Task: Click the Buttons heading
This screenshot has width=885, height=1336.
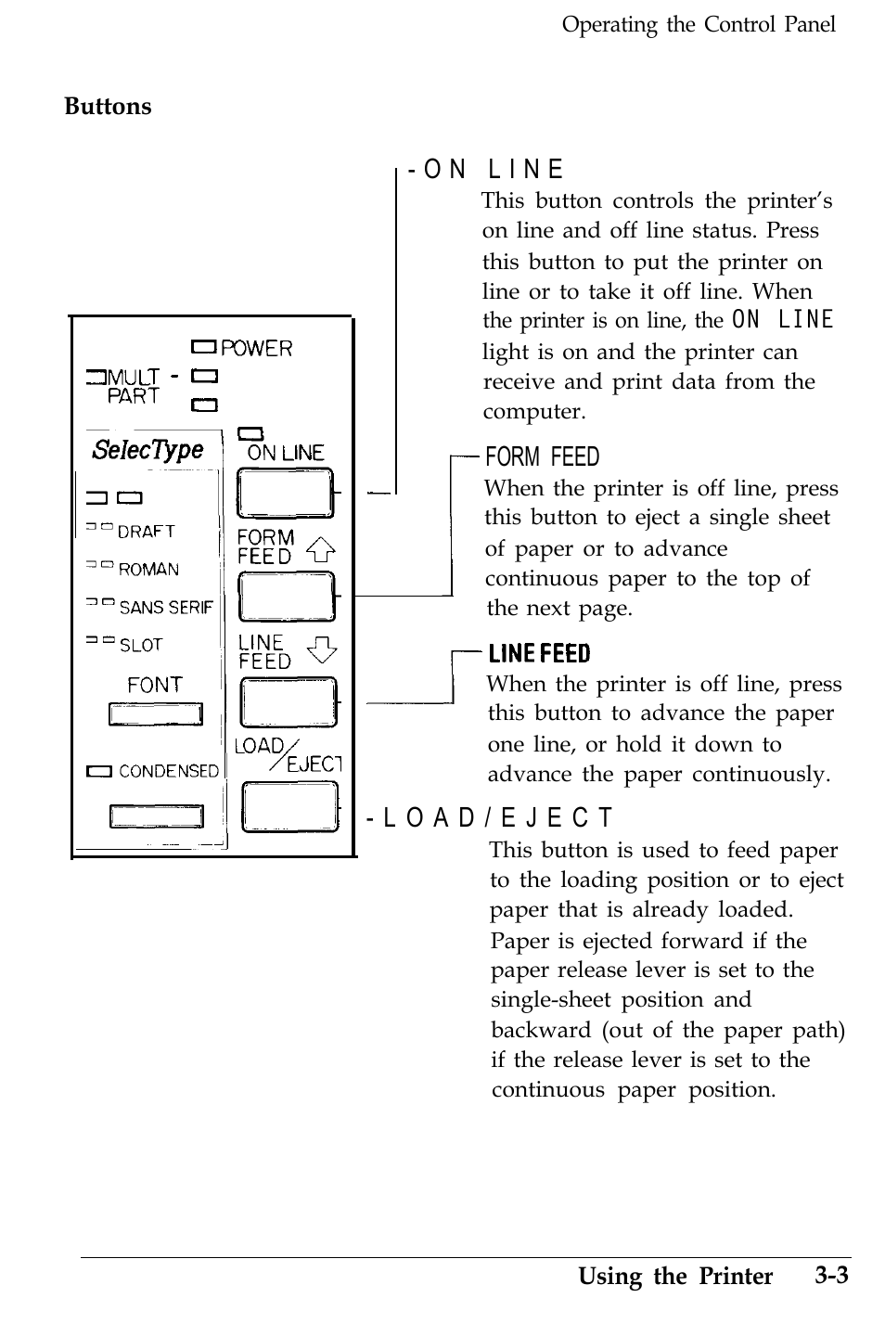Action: pyautogui.click(x=108, y=107)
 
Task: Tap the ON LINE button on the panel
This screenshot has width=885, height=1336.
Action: pyautogui.click(x=285, y=493)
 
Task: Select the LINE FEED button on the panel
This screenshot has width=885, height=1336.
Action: pyautogui.click(x=288, y=702)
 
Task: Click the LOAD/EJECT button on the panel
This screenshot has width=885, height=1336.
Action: pyautogui.click(x=290, y=806)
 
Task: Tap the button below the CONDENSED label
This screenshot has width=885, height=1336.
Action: pyautogui.click(x=156, y=816)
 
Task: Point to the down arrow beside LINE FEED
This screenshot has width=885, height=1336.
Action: pyautogui.click(x=322, y=649)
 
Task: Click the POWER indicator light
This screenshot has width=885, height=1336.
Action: pyautogui.click(x=203, y=348)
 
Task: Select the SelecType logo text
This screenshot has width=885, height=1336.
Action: pyautogui.click(x=148, y=450)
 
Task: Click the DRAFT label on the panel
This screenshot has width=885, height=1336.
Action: pyautogui.click(x=146, y=532)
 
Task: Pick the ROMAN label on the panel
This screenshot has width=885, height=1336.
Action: pyautogui.click(x=148, y=570)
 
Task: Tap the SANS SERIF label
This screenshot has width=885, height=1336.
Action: pyautogui.click(x=166, y=608)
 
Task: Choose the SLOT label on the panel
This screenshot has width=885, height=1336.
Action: pyautogui.click(x=141, y=645)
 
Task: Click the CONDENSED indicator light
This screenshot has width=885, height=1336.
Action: pyautogui.click(x=98, y=771)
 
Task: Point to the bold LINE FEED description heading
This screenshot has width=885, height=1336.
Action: pyautogui.click(x=539, y=654)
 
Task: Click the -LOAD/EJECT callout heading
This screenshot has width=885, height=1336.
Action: pyautogui.click(x=490, y=818)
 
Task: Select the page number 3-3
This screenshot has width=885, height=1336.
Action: pyautogui.click(x=832, y=1276)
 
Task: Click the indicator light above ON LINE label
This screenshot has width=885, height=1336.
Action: pyautogui.click(x=250, y=433)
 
